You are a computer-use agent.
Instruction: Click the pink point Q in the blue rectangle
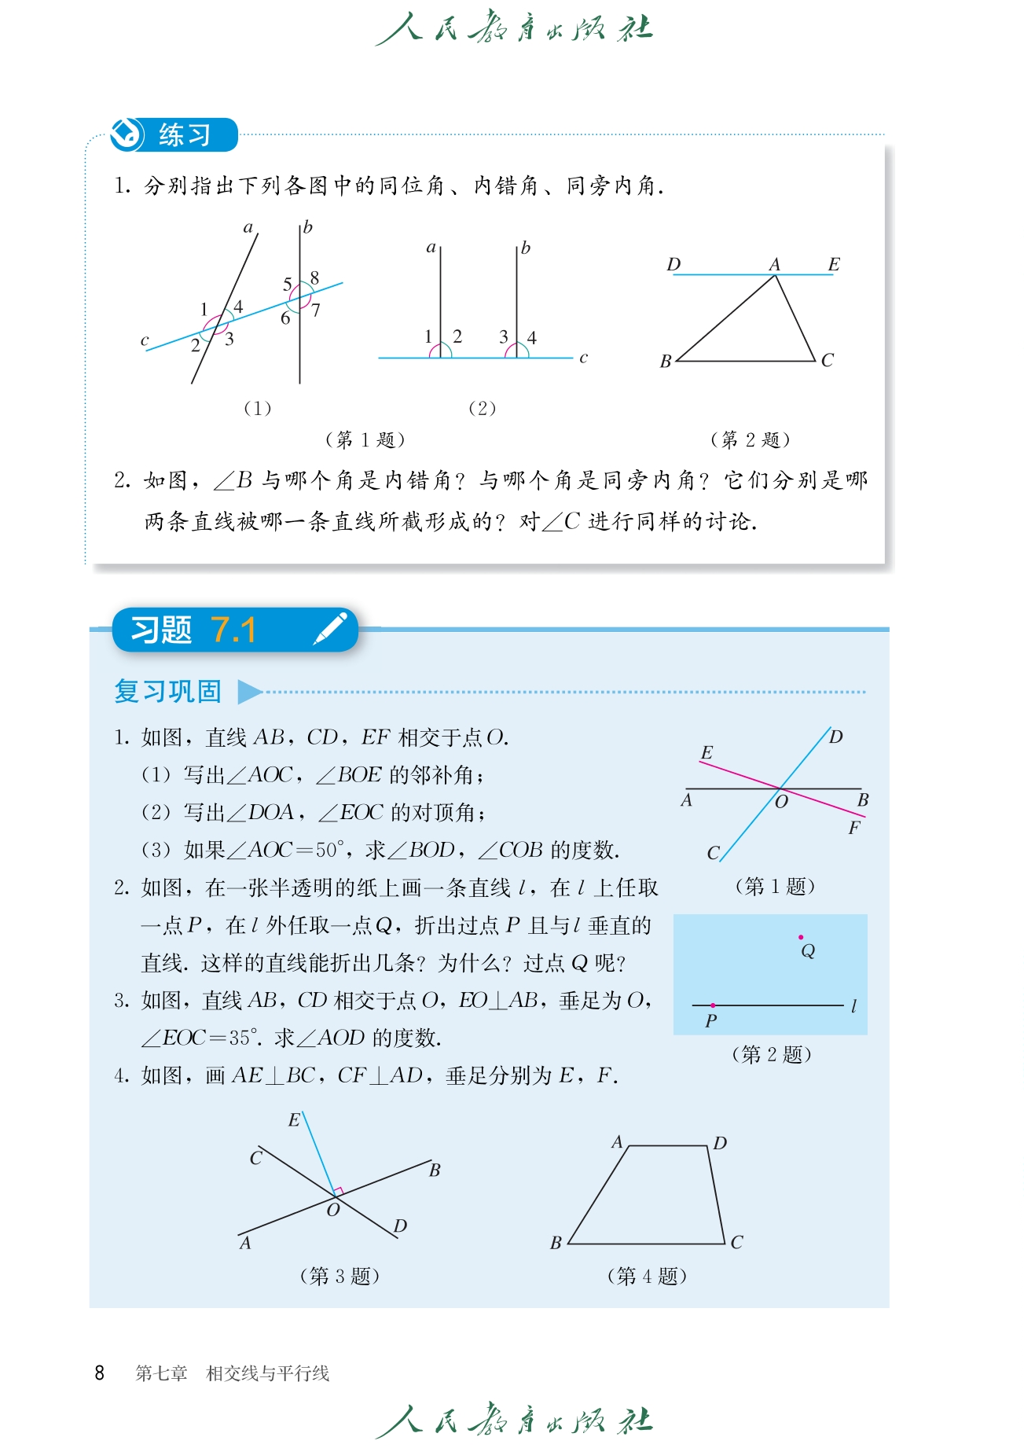click(x=801, y=937)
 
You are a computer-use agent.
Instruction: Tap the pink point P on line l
click(x=713, y=1005)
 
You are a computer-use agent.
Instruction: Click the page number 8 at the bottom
click(x=99, y=1373)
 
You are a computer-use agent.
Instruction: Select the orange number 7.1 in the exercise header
click(x=233, y=630)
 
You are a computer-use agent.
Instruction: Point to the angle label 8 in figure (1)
click(x=314, y=277)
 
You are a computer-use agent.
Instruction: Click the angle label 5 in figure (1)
click(x=287, y=284)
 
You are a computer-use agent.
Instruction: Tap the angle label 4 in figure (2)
click(x=532, y=338)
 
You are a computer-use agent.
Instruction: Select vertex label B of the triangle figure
click(x=666, y=362)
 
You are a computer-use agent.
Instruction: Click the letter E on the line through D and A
click(x=834, y=265)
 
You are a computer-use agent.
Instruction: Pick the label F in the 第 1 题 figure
click(x=853, y=829)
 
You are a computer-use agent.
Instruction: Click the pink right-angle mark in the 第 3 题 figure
click(x=339, y=1191)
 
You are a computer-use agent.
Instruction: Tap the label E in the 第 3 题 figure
click(x=294, y=1120)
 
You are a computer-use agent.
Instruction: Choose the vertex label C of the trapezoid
click(x=736, y=1243)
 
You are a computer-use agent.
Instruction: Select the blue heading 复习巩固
click(x=167, y=692)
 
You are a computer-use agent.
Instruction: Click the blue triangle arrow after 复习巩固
click(x=249, y=692)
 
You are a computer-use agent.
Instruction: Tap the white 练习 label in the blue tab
click(x=185, y=135)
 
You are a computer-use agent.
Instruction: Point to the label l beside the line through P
click(x=853, y=1005)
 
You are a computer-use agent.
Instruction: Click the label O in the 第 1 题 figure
click(x=781, y=802)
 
